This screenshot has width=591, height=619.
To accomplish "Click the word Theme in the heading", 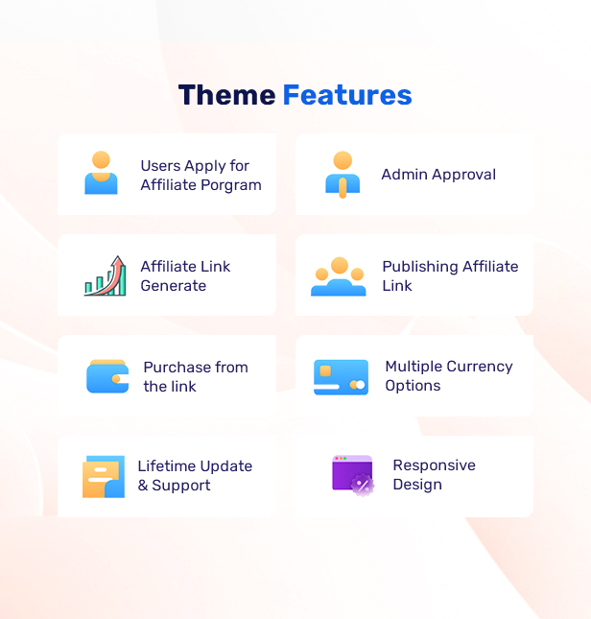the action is click(226, 95).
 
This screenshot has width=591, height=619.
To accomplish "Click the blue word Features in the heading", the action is click(347, 95).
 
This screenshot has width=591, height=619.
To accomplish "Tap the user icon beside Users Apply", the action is click(101, 173).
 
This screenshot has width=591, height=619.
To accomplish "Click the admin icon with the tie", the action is click(343, 174).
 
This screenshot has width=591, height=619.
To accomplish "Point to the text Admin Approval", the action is click(438, 175).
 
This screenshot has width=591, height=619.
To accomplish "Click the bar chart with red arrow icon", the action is click(105, 275).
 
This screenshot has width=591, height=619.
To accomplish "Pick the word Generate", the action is click(174, 285).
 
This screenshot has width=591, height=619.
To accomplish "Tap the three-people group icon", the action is click(339, 276).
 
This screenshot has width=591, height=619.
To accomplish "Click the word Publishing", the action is click(420, 267).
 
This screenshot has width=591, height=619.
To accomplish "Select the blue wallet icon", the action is click(107, 376).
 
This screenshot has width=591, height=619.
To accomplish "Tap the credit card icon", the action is click(341, 377).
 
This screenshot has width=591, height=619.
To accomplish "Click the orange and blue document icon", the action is click(104, 477).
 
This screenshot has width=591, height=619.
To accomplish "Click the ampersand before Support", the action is click(143, 486).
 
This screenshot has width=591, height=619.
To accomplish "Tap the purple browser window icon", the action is click(353, 475).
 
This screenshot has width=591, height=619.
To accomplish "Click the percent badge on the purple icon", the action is click(363, 485).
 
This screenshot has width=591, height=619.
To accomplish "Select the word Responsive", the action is click(434, 465).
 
